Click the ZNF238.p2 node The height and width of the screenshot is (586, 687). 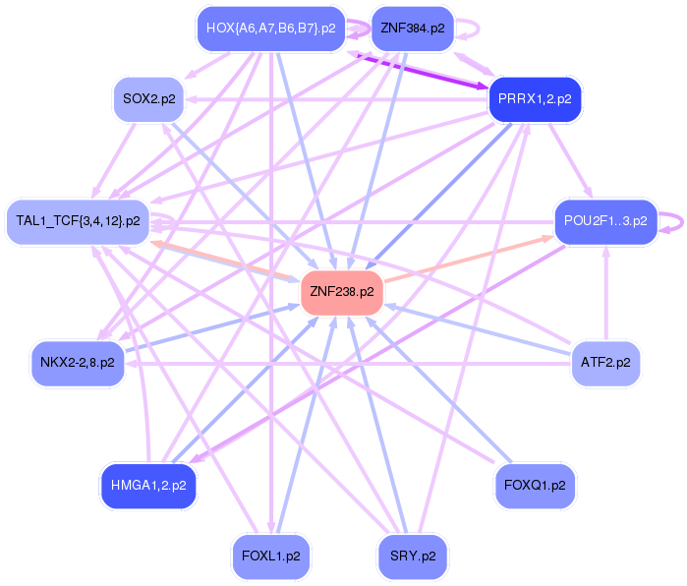(341, 292)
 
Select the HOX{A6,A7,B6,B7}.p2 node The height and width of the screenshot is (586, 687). (266, 29)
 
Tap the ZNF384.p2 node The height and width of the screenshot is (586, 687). (412, 29)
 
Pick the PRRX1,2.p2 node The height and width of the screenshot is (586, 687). (536, 100)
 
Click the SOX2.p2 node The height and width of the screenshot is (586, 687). (149, 98)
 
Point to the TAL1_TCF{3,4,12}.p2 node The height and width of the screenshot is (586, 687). (78, 220)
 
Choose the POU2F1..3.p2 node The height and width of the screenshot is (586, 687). (605, 221)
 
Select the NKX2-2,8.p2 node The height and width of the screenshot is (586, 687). (78, 363)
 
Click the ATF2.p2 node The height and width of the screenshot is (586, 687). (604, 363)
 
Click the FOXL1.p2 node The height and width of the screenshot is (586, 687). (270, 557)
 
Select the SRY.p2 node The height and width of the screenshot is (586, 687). (413, 557)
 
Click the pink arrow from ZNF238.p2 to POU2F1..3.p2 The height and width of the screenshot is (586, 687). (467, 259)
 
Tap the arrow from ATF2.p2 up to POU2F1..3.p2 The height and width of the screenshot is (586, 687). (605, 295)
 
